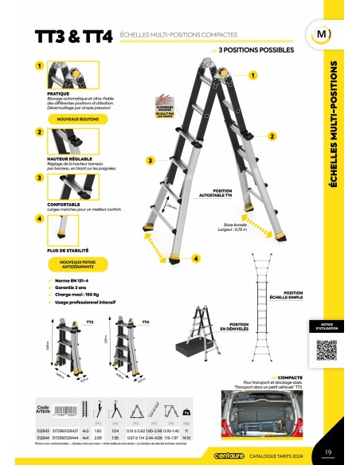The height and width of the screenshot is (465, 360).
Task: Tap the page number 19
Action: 328,454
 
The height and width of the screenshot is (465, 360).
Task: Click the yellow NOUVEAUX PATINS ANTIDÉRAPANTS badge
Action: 76,264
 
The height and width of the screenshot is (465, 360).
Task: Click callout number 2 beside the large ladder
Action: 272,136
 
